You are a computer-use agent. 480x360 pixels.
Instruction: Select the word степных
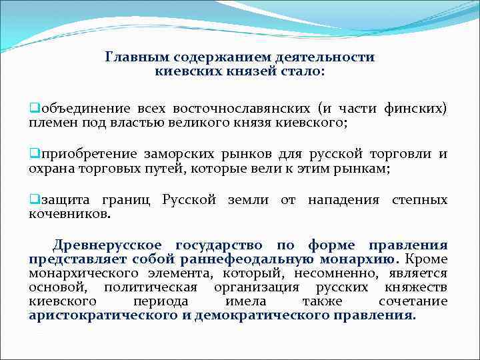click(420, 201)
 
